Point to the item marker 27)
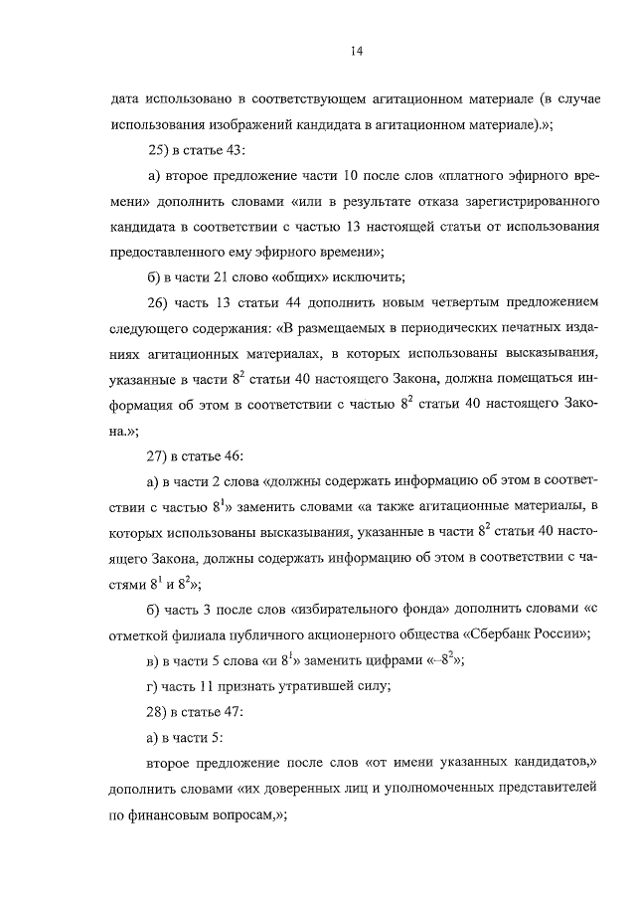pyautogui.click(x=158, y=456)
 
